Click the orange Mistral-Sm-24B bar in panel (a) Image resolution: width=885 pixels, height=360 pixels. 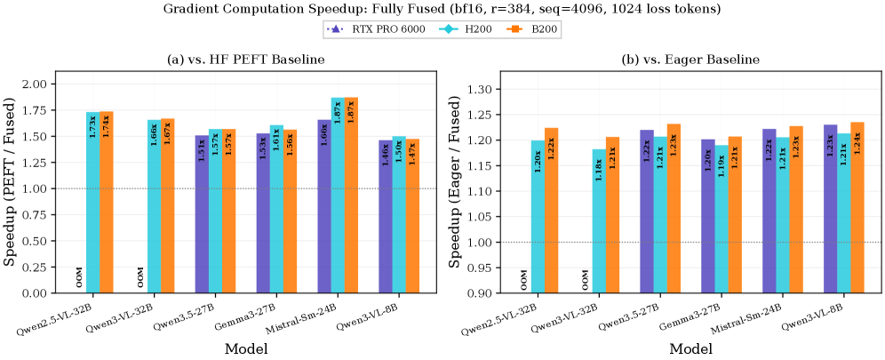point(350,195)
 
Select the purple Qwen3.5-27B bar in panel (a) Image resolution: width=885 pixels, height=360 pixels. point(202,213)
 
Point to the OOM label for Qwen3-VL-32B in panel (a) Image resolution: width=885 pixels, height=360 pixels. point(140,278)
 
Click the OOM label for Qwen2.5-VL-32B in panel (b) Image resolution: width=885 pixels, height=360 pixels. point(524,278)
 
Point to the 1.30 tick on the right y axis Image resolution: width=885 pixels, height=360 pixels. point(480,89)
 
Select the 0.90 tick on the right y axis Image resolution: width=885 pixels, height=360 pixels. point(480,292)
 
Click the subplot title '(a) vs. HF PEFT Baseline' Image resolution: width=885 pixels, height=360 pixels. point(245,60)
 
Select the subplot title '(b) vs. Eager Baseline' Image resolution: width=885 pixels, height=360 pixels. point(689,60)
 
